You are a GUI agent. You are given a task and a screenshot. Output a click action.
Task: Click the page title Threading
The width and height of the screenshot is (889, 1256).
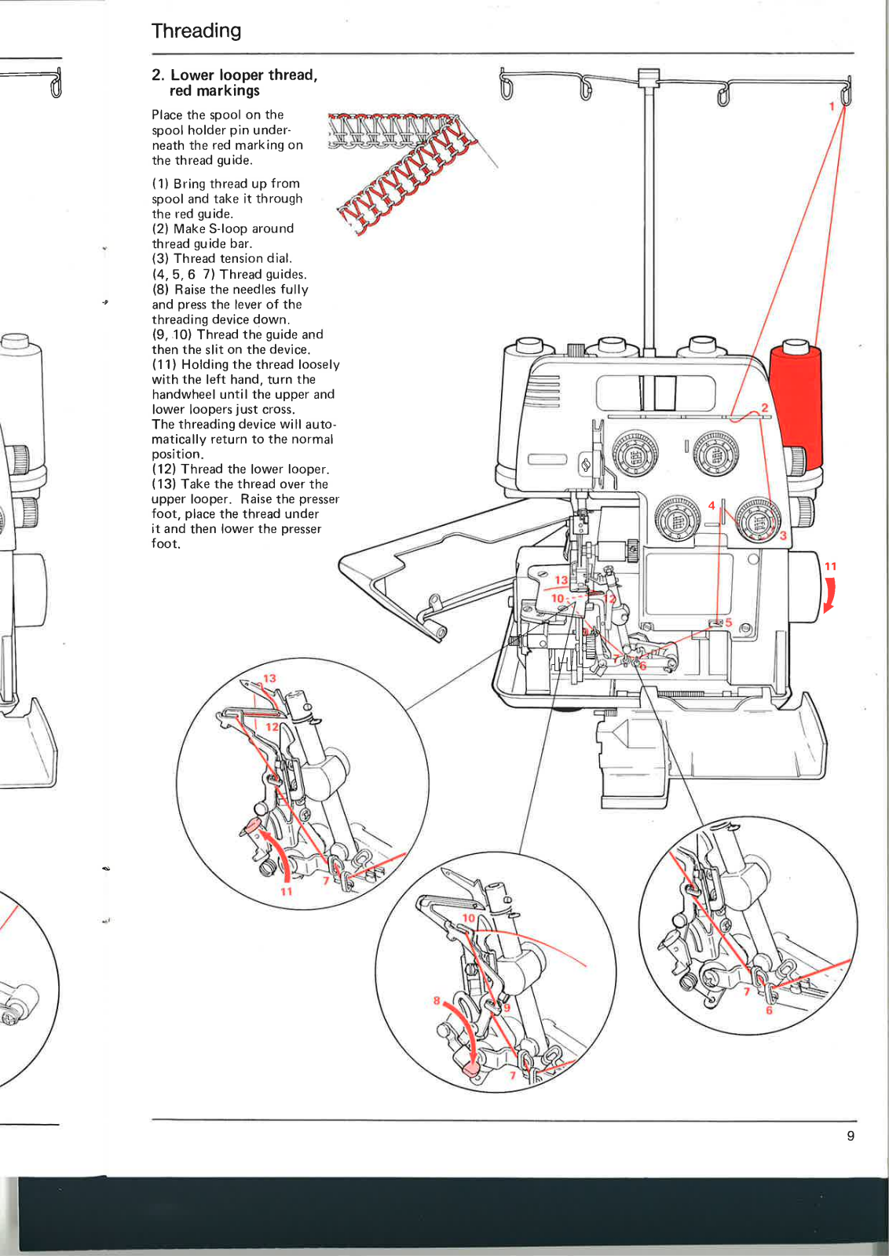coord(196,31)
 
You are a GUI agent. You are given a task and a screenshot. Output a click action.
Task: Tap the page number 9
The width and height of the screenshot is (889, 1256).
coord(851,1136)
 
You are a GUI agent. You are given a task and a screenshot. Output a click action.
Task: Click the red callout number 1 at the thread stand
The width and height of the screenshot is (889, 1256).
coord(832,106)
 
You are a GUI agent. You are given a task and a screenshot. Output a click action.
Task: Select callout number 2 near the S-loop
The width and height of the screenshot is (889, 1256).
coord(764,407)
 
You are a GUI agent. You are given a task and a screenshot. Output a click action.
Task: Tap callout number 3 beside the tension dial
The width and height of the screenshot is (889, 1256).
coord(783,535)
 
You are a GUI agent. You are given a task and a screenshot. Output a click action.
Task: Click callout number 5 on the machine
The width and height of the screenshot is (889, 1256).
coord(728,623)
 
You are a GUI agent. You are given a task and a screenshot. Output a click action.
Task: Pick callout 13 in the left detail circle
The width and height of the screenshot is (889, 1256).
coord(269,679)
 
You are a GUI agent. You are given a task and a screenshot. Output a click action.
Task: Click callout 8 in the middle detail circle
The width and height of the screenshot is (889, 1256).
coord(437,1000)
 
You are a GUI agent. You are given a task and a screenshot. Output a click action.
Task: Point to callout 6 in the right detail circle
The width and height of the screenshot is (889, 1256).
coord(768,1010)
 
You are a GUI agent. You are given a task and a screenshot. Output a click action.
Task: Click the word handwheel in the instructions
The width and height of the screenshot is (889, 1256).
coord(181,395)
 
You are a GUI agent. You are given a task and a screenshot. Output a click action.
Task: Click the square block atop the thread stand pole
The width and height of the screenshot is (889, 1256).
coord(648,77)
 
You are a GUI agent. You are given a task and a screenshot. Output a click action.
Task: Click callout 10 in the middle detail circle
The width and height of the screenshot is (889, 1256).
coord(469,918)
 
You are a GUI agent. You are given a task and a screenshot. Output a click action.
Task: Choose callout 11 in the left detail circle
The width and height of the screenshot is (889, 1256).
coord(287,891)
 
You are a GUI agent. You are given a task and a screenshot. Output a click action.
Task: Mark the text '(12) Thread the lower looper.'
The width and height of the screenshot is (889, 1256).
coord(240,469)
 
